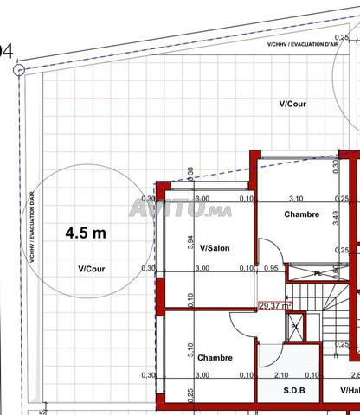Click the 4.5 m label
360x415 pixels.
(x=87, y=233)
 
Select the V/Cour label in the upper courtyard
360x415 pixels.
(x=293, y=103)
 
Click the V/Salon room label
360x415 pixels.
(x=215, y=248)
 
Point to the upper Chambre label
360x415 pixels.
(x=302, y=214)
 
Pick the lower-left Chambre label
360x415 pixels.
(x=214, y=357)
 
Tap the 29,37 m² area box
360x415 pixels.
(x=276, y=304)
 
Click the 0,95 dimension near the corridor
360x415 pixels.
(x=271, y=268)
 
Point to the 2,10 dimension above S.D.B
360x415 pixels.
(x=280, y=375)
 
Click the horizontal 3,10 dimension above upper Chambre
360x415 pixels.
(x=296, y=198)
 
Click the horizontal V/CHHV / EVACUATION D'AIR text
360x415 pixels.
(x=302, y=43)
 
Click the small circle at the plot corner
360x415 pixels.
(x=19, y=70)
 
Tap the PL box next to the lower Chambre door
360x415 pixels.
(x=295, y=326)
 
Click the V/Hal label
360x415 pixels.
(x=350, y=390)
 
